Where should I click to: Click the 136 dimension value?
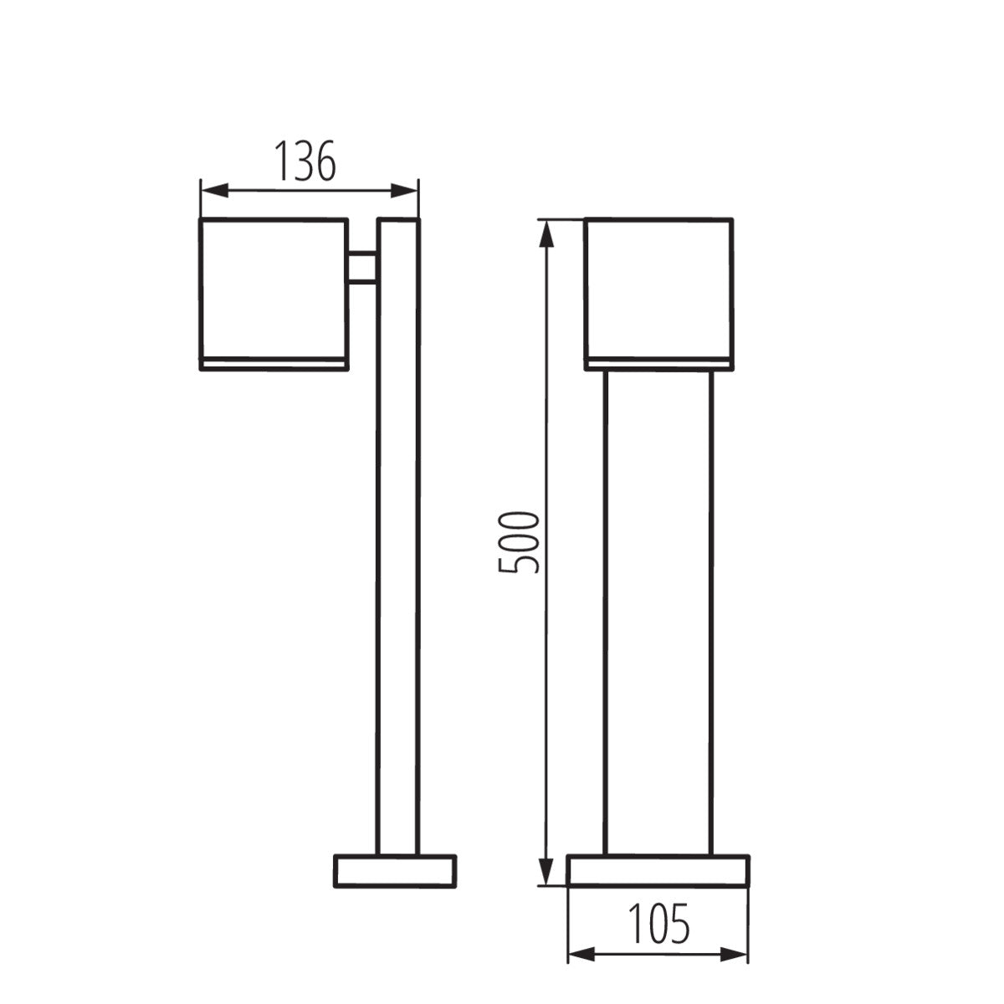pos(306,161)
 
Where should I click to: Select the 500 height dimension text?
pos(519,542)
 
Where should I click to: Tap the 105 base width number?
pos(659,923)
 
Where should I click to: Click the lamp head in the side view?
pos(273,289)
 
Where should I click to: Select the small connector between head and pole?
pos(362,268)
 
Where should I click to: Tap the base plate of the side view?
pos(395,871)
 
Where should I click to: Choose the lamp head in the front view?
pos(659,289)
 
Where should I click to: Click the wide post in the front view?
pos(658,611)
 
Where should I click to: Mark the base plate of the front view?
pos(658,870)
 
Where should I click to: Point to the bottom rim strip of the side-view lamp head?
pos(273,363)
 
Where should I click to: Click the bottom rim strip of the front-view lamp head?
pos(659,363)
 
